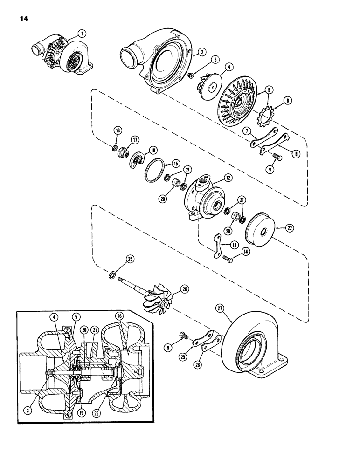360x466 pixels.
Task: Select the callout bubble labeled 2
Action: point(202,53)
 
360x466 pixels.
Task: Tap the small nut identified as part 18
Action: point(113,149)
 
